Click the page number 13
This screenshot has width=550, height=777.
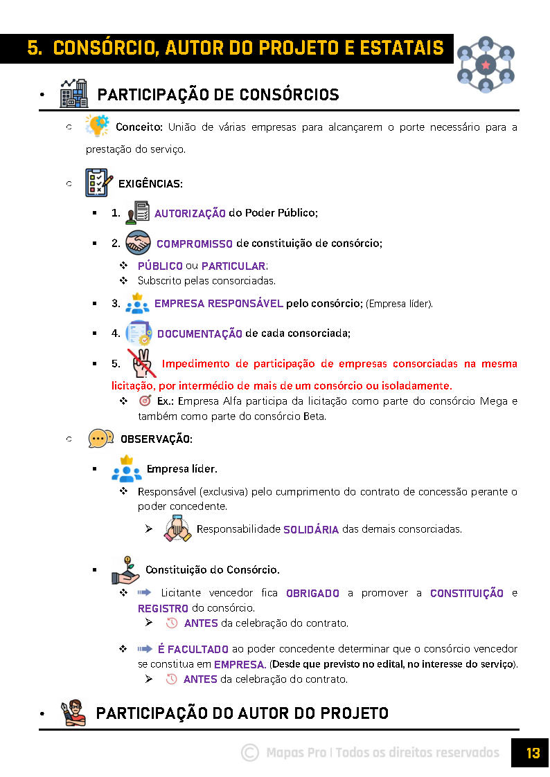[532, 753]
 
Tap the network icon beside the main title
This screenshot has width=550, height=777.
[486, 64]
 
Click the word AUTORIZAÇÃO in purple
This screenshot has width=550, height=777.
[190, 214]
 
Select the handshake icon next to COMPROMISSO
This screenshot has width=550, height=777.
[139, 243]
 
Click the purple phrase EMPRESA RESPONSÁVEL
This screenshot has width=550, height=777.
[218, 304]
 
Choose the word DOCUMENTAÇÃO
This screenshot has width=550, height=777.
[199, 333]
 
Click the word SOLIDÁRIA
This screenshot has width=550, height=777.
[311, 530]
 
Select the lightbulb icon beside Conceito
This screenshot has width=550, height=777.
[97, 127]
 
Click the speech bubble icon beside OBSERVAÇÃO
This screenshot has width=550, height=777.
[101, 439]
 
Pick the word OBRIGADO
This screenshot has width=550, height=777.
[312, 594]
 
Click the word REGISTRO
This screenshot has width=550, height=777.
[163, 609]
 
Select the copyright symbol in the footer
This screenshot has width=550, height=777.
[250, 753]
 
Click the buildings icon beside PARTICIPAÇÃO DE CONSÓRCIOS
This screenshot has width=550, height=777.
[73, 93]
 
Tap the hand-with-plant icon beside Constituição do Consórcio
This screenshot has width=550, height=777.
[125, 569]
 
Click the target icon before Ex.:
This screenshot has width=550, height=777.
[145, 401]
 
